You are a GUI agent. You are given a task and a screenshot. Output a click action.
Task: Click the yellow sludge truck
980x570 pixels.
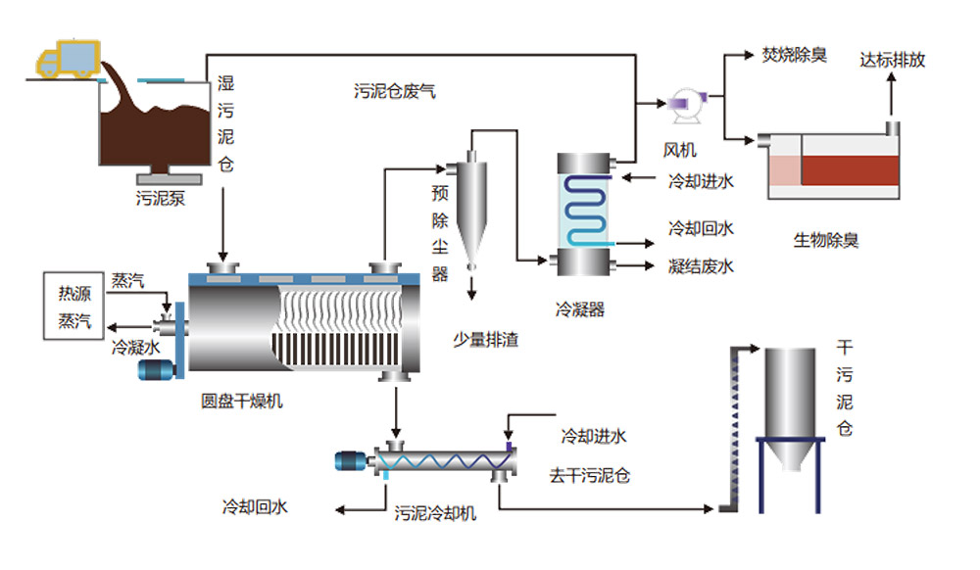click(x=69, y=59)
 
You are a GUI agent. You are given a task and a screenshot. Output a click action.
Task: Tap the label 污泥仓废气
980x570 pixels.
click(x=394, y=91)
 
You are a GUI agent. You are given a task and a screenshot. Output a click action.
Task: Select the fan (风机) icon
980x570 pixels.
click(x=685, y=105)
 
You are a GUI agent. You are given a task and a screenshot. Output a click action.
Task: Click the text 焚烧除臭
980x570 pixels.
click(x=795, y=55)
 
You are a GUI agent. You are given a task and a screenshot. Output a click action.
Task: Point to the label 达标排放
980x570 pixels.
click(x=892, y=60)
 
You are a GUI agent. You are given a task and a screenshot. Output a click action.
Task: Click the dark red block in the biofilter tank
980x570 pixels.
click(x=850, y=170)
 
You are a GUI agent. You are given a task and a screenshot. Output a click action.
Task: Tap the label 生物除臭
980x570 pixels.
click(x=825, y=240)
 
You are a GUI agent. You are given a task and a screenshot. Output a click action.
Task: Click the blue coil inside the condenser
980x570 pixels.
click(x=586, y=211)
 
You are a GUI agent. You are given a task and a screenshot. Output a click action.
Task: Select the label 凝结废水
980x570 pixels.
click(x=701, y=266)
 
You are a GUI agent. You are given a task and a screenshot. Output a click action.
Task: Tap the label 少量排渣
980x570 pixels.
click(x=486, y=340)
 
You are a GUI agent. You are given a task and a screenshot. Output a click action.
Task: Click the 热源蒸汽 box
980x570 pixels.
click(x=73, y=306)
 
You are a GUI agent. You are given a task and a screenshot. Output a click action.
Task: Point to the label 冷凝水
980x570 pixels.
click(x=135, y=347)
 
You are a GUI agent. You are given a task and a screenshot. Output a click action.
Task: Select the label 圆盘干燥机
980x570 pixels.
click(x=241, y=401)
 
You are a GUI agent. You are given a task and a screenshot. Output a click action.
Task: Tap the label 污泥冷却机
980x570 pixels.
click(x=435, y=513)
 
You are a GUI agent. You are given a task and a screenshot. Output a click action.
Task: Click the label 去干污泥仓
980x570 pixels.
click(x=589, y=476)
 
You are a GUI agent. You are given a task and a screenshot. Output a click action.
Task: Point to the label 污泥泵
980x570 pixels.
click(x=161, y=199)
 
